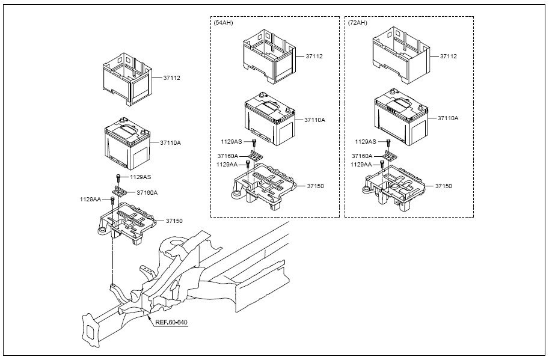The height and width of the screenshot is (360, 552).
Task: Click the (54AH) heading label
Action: tap(223, 23)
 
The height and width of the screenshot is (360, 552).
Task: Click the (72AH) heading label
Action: tap(357, 23)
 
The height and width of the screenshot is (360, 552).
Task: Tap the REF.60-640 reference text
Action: tap(171, 322)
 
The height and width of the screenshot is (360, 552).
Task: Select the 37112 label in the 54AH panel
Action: tap(314, 56)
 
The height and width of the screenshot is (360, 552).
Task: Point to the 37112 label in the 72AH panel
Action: tap(449, 56)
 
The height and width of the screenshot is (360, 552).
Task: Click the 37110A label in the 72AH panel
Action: tap(448, 118)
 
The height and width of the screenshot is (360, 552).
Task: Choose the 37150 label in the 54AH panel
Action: tap(315, 186)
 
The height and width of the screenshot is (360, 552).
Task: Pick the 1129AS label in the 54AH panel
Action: tap(232, 142)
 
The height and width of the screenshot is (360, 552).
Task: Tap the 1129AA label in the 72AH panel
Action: tap(361, 164)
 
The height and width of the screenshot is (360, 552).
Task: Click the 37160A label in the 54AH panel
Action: tap(228, 156)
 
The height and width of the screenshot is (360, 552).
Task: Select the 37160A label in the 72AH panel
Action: tap(362, 156)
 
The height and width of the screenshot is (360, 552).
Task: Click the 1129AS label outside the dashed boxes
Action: tap(141, 177)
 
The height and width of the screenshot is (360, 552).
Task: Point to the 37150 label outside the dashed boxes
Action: tap(174, 221)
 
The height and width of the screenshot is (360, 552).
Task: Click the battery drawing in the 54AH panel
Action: tap(269, 119)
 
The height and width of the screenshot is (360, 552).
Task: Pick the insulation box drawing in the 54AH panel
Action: tap(269, 56)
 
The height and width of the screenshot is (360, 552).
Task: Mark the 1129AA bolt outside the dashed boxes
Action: tap(112, 202)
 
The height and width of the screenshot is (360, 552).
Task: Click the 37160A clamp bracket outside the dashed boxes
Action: tap(120, 192)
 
